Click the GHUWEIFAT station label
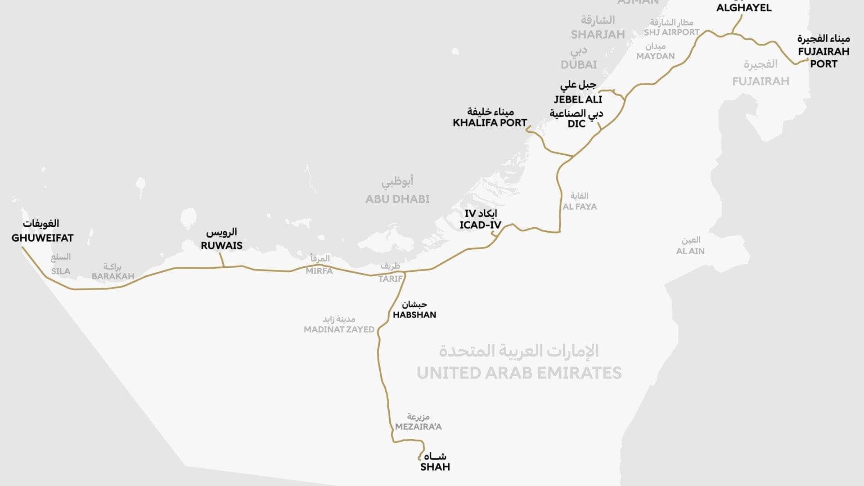point(42,238)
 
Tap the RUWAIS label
point(221,246)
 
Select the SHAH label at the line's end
point(435,467)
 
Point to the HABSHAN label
point(414,315)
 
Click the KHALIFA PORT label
point(490,122)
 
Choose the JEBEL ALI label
point(578,99)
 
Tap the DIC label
point(576,124)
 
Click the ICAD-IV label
point(480,225)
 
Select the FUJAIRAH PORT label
point(823,57)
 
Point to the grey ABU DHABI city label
point(397,199)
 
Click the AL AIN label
point(690,251)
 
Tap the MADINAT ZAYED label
point(339,329)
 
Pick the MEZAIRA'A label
point(418,427)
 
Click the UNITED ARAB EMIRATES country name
point(519,373)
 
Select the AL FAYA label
point(580,207)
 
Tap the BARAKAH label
point(113,276)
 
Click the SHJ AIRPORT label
point(671,32)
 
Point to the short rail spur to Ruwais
point(221,260)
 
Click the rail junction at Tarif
point(405,273)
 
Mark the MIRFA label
point(319,271)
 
